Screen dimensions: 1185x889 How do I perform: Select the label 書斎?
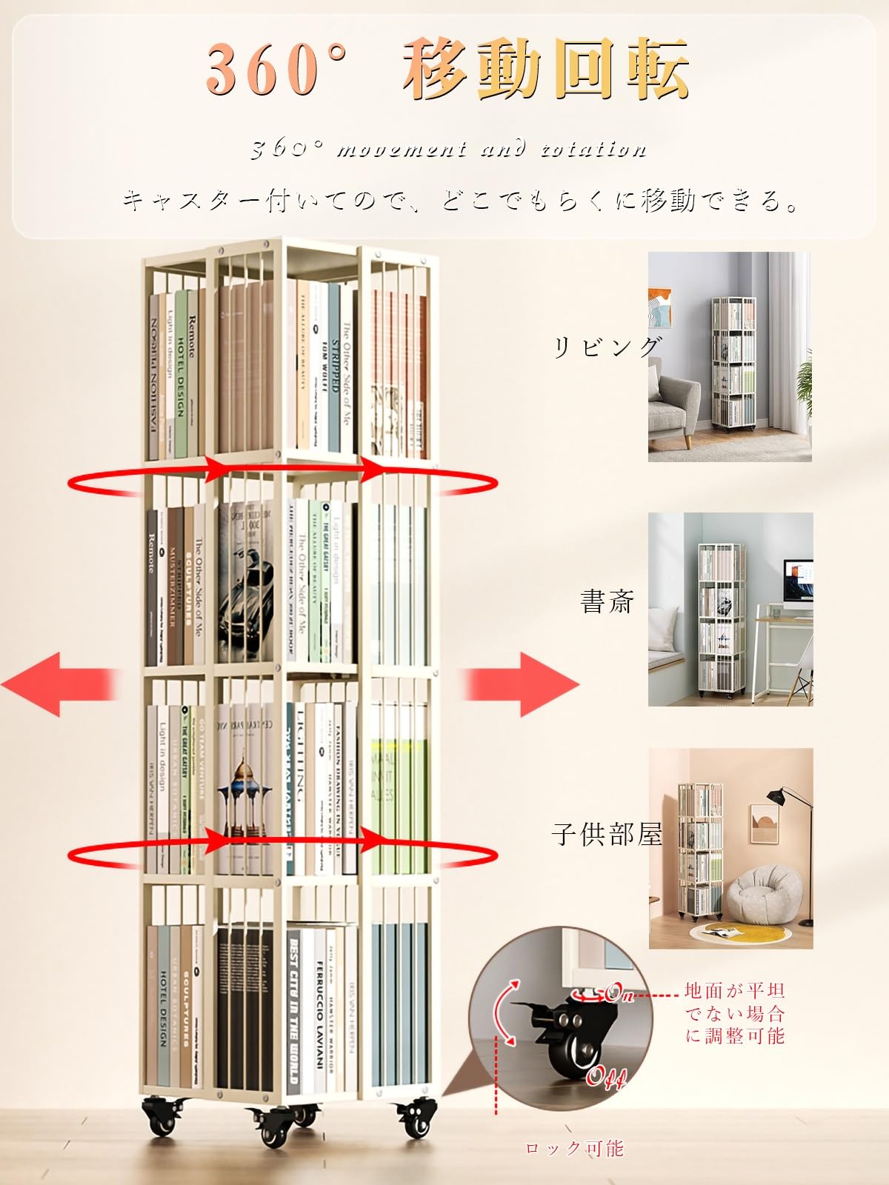click(607, 601)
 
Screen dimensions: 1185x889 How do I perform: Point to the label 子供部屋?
click(607, 835)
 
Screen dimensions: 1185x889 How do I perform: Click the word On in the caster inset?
click(621, 993)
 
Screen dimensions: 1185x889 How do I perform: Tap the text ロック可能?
click(575, 1149)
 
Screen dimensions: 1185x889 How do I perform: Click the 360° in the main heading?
click(276, 69)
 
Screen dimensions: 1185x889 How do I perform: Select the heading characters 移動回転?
click(547, 69)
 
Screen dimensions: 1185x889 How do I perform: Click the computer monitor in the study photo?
click(798, 588)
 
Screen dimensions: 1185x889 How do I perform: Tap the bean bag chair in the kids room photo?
click(764, 896)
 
